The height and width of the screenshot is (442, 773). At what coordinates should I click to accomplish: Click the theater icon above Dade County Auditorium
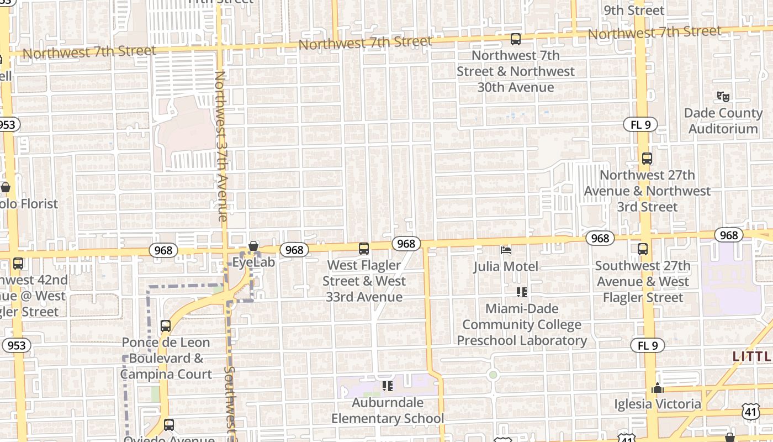[723, 97]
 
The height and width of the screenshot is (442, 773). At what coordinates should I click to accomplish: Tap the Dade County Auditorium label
[723, 121]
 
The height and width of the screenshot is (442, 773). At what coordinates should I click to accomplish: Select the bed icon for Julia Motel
[505, 250]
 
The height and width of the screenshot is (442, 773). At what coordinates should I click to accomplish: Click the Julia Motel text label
[505, 266]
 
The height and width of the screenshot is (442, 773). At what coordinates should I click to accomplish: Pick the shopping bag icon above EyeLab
[253, 246]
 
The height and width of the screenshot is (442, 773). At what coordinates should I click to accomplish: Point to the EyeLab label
[253, 262]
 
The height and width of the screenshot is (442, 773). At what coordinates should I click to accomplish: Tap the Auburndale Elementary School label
[388, 411]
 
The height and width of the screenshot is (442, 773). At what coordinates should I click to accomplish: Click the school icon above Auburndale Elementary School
[388, 386]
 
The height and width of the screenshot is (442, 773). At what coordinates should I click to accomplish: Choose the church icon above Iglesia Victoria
[657, 388]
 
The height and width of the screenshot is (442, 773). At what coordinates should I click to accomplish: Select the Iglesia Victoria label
[658, 404]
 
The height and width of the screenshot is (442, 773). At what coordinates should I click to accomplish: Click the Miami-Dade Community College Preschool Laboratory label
[522, 324]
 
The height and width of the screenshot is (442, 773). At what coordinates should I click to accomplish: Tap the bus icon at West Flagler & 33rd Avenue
[364, 249]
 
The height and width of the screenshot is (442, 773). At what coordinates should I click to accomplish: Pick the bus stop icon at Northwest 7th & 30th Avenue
[515, 39]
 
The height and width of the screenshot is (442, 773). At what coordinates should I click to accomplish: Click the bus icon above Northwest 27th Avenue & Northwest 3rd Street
[647, 159]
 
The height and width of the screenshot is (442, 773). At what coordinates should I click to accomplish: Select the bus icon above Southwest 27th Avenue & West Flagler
[643, 249]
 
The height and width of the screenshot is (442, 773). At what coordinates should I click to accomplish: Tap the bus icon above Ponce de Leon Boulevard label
[166, 326]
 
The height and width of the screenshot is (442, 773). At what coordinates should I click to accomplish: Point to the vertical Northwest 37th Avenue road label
[221, 146]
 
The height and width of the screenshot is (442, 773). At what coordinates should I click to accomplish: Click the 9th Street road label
[634, 10]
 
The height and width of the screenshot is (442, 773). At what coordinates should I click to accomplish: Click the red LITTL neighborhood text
[752, 356]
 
